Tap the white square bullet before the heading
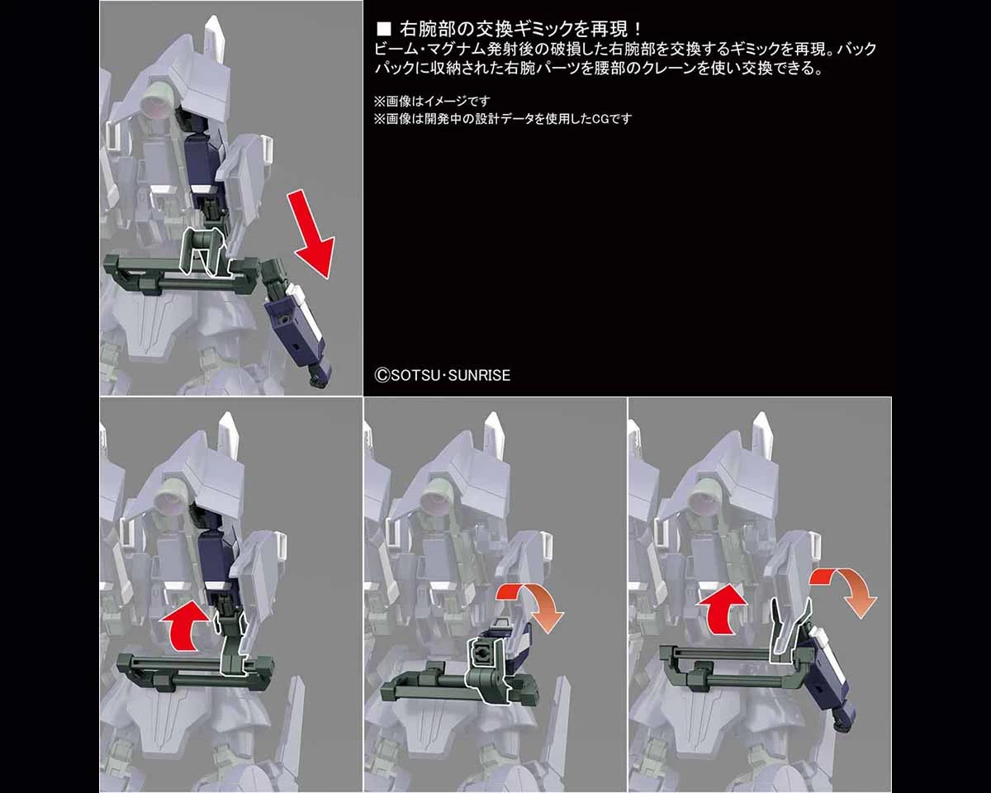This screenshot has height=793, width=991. pyautogui.click(x=383, y=30)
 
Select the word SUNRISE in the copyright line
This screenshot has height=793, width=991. pyautogui.click(x=479, y=376)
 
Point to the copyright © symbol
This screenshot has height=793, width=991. pyautogui.click(x=382, y=376)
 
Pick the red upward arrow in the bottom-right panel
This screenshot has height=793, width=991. pyautogui.click(x=722, y=609)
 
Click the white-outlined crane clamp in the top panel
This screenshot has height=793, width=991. pyautogui.click(x=205, y=252)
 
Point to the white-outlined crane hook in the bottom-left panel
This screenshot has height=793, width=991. pyautogui.click(x=232, y=646)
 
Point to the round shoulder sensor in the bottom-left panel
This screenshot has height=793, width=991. pyautogui.click(x=169, y=501)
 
